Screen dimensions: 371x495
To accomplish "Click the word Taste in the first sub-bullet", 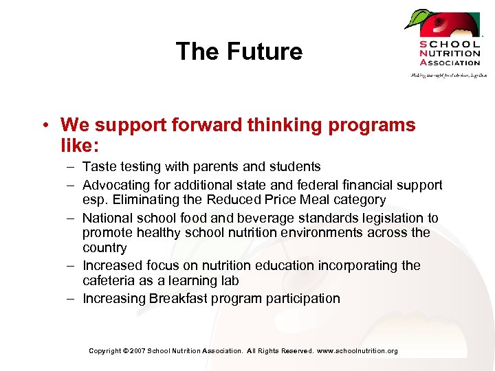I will [98, 167].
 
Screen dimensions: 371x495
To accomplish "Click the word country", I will [104, 248].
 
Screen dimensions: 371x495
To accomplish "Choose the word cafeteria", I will [109, 281].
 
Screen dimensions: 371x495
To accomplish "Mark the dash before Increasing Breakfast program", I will [72, 299].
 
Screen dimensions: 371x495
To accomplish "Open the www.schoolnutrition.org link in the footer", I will [357, 351].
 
